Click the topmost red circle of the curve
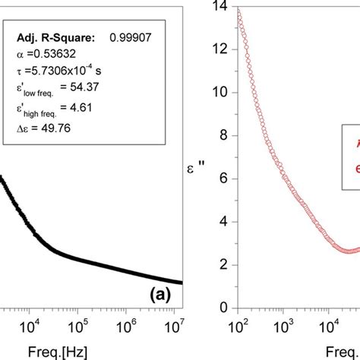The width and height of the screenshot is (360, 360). click(239, 13)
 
